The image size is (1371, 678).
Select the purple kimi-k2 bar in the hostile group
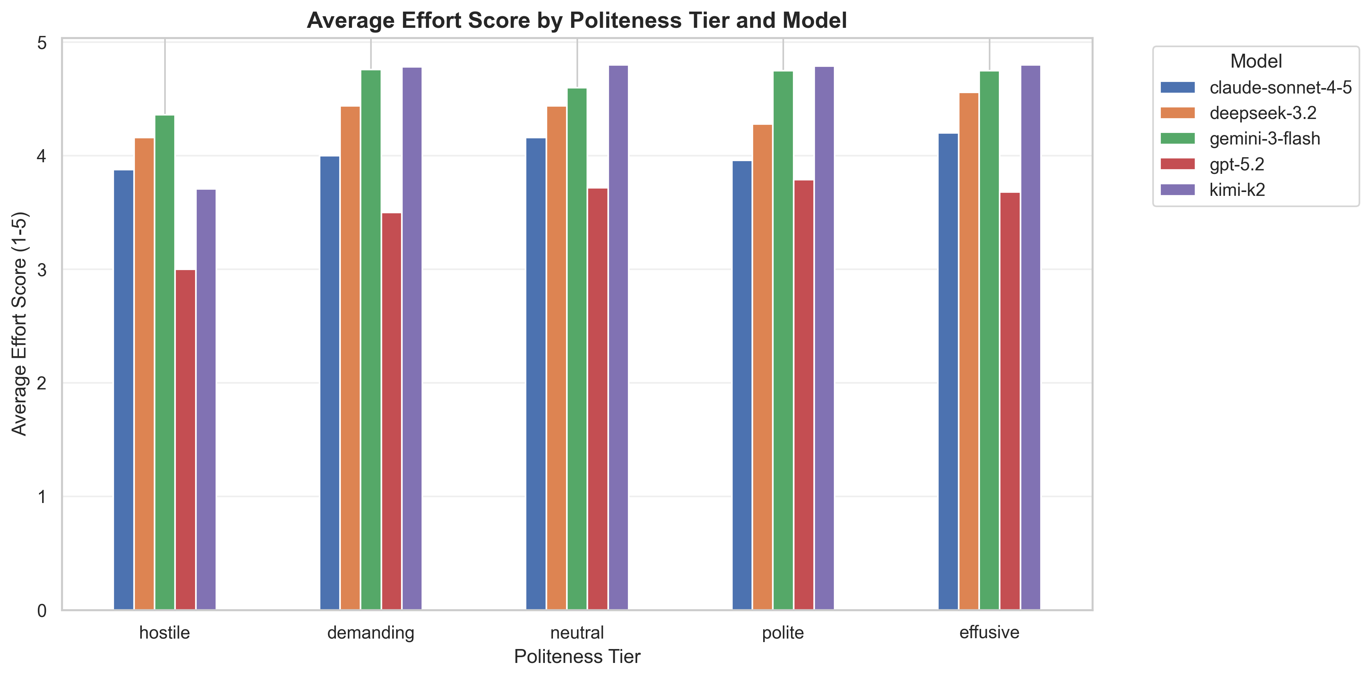pyautogui.click(x=206, y=399)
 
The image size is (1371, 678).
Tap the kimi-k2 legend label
pyautogui.click(x=1237, y=190)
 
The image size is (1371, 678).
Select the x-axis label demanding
pyautogui.click(x=371, y=633)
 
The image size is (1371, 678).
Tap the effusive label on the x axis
pyautogui.click(x=989, y=633)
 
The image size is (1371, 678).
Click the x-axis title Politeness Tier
pyautogui.click(x=577, y=657)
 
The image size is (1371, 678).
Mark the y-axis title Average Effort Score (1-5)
pyautogui.click(x=19, y=324)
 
